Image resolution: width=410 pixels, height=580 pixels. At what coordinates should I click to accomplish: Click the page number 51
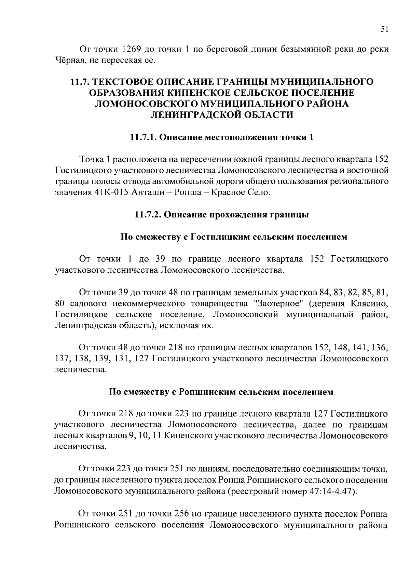(x=384, y=29)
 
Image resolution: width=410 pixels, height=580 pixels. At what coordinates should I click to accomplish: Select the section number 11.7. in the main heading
(x=80, y=82)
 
